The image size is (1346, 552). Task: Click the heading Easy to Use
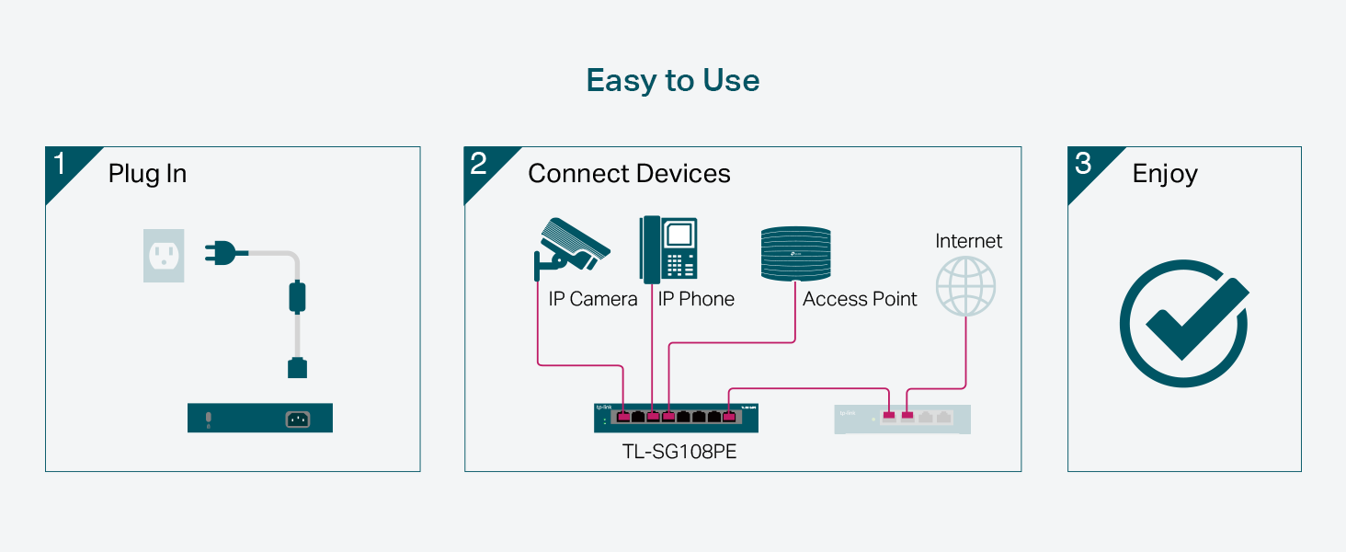[673, 81]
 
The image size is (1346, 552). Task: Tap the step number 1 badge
[61, 165]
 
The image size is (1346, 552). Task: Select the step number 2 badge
[479, 165]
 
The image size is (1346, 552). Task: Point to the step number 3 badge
[1083, 165]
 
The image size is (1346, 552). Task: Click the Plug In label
[147, 174]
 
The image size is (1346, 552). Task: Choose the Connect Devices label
[629, 174]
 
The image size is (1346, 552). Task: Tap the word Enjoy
[1165, 174]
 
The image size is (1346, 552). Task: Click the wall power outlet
[164, 255]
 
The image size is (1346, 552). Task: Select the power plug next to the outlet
[223, 251]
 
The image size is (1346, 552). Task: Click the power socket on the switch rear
[297, 420]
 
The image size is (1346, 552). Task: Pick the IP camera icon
[570, 247]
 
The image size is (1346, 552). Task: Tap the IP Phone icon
[668, 248]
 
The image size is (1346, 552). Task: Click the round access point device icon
[796, 254]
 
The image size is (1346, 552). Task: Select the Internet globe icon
[965, 286]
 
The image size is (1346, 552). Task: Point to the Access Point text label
[860, 299]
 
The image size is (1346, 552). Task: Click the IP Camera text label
[592, 299]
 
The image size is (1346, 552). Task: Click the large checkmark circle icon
[1183, 323]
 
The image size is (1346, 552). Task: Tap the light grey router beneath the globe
[902, 419]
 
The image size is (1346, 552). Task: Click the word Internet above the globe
[968, 241]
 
